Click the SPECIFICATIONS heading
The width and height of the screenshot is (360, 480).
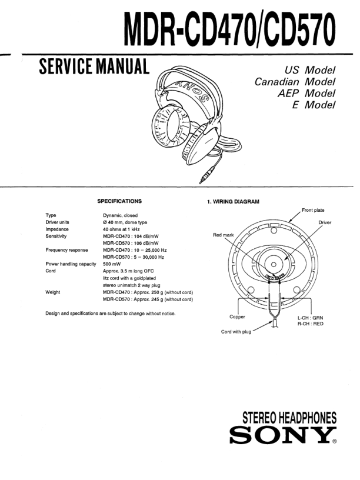119,201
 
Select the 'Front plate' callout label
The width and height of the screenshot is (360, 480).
316,210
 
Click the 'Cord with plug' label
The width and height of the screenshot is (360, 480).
234,332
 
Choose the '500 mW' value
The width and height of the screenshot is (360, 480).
113,265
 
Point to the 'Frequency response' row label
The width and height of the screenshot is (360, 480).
66,251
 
